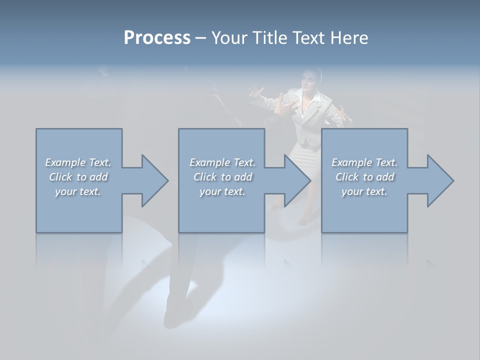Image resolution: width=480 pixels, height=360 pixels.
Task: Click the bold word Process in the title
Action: point(157,38)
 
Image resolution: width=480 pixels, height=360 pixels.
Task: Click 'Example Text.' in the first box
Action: point(78,162)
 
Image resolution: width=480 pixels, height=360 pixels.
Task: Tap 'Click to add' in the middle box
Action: point(222,177)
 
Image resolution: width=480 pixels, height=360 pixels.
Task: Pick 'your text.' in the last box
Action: point(364,191)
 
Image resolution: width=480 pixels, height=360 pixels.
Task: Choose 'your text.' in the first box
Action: point(78,191)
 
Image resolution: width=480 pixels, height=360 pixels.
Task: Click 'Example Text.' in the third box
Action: point(364,162)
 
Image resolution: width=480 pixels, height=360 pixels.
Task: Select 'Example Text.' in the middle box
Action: point(222,162)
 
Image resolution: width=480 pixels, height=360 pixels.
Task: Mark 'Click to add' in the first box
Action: point(78,177)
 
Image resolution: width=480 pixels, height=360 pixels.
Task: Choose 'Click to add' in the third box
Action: point(365,177)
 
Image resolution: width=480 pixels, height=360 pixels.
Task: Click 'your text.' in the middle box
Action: point(222,191)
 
